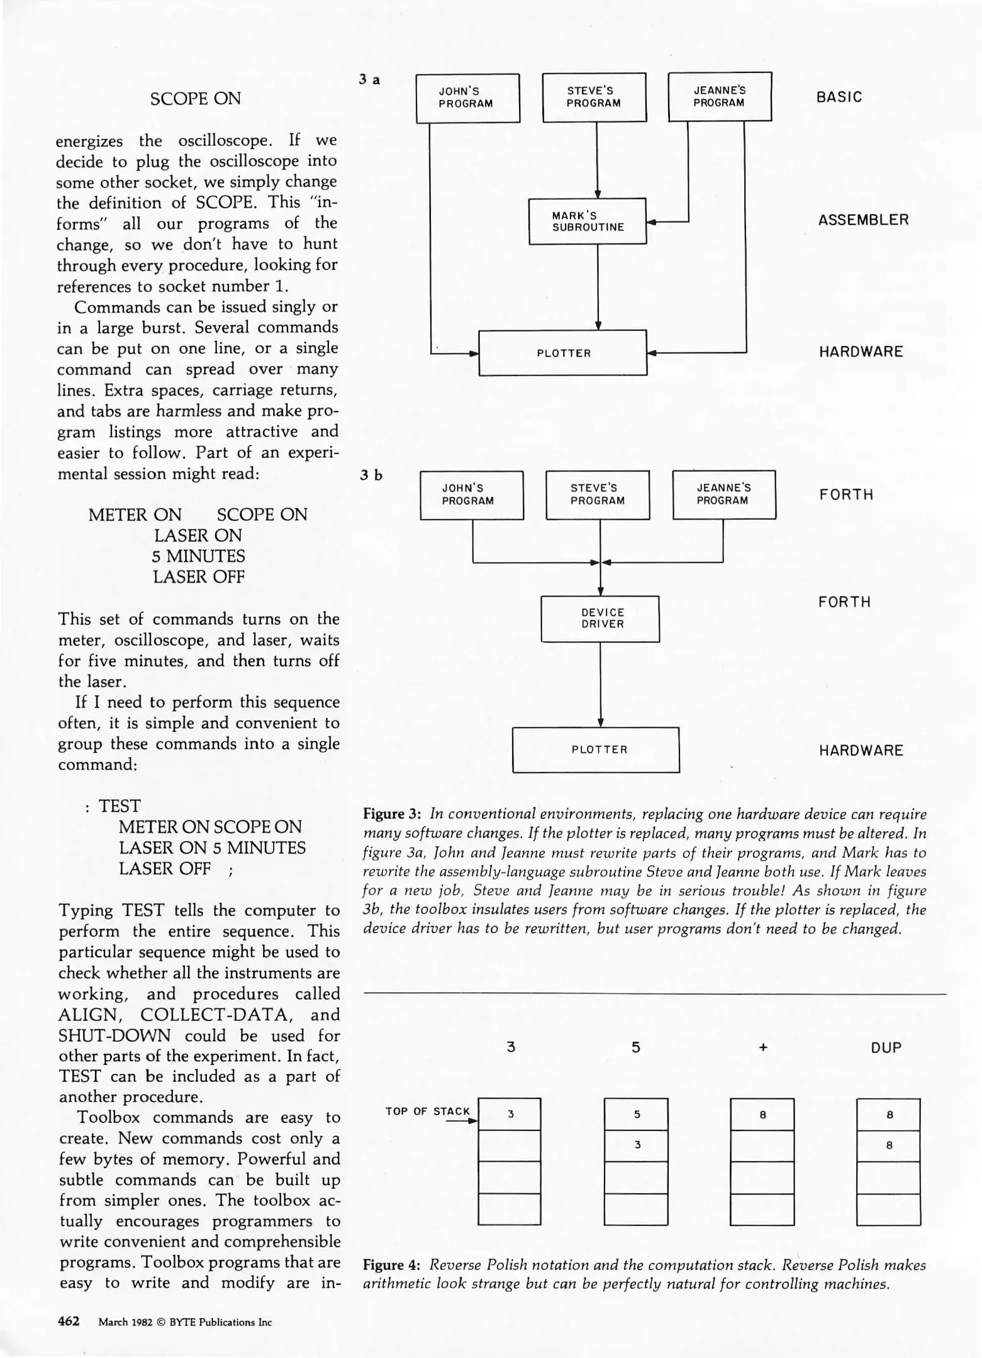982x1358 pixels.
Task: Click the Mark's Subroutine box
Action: point(588,221)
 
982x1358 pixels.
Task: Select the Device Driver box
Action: point(600,619)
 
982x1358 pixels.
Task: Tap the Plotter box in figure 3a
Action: point(563,353)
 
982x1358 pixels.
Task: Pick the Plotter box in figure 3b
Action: point(596,749)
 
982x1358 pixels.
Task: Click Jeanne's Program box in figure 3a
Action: point(719,97)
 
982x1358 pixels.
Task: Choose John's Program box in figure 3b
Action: point(471,495)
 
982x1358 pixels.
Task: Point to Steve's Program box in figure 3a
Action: point(594,97)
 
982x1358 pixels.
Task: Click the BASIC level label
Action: point(839,97)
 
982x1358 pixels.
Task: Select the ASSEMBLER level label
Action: point(863,220)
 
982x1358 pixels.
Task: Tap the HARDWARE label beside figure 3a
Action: point(861,351)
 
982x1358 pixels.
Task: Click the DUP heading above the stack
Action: point(886,1047)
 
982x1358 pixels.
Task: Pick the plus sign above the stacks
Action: point(762,1047)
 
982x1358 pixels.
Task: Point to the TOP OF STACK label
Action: point(427,1111)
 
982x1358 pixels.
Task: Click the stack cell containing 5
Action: point(636,1114)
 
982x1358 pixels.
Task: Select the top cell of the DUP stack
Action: point(888,1115)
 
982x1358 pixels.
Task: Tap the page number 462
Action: point(69,1321)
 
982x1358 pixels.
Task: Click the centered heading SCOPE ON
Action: point(196,99)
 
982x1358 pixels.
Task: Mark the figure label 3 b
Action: point(371,475)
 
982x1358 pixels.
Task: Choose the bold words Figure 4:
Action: point(392,1265)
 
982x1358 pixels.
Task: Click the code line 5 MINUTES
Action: point(198,556)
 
